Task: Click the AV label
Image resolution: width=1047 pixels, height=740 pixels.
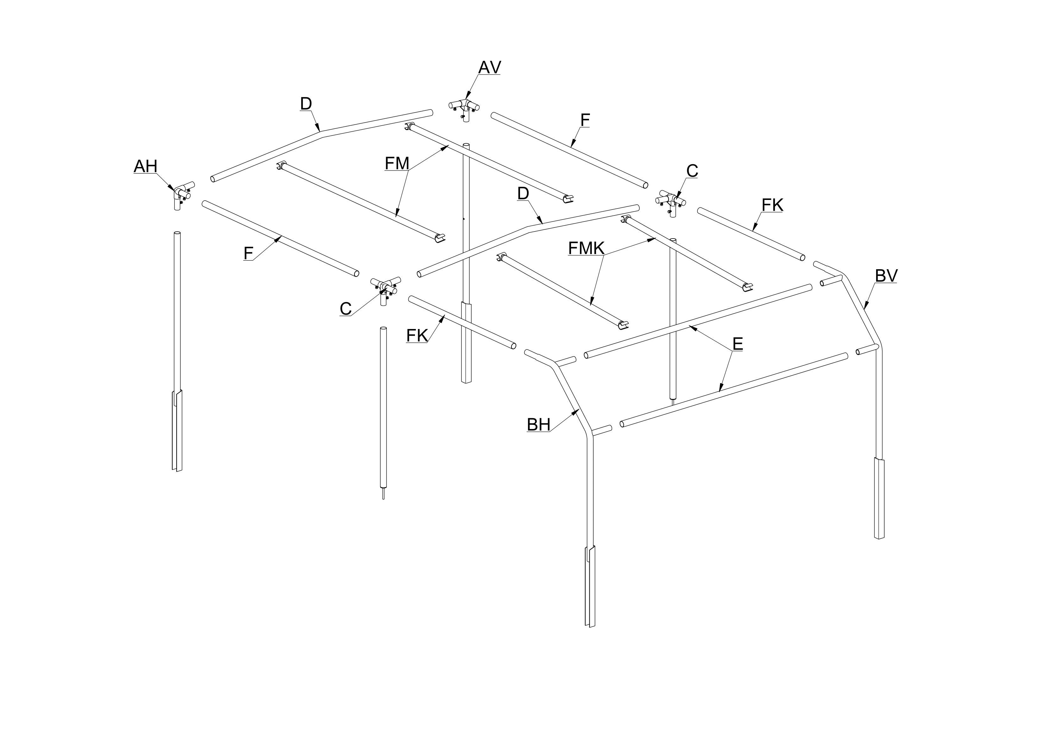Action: point(489,67)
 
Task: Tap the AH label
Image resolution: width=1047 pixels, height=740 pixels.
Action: point(146,166)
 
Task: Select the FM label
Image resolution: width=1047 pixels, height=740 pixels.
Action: point(397,163)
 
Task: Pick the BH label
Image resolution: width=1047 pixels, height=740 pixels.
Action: point(539,425)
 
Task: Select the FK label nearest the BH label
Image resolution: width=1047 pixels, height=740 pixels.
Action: point(417,336)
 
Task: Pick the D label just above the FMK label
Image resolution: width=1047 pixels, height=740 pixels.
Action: point(523,193)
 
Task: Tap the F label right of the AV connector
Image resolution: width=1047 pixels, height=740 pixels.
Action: point(585,120)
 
